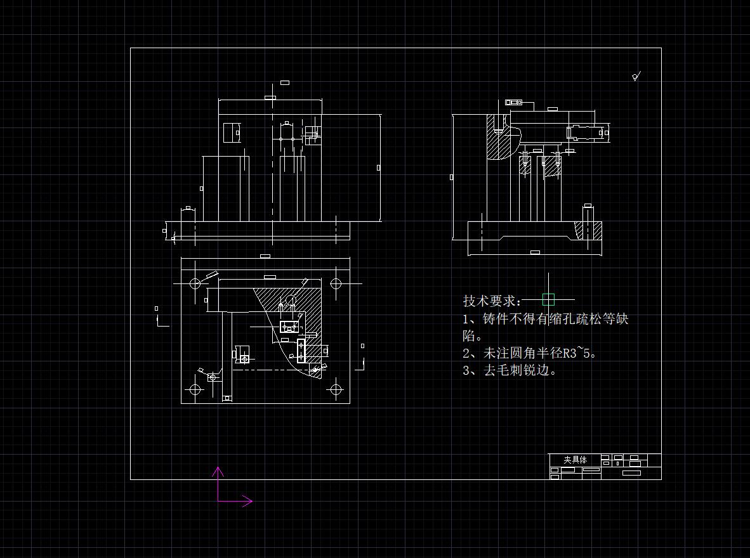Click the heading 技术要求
pyautogui.click(x=492, y=301)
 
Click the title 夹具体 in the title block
pyautogui.click(x=575, y=460)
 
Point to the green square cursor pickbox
pyautogui.click(x=549, y=299)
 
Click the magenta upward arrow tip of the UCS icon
pyautogui.click(x=218, y=469)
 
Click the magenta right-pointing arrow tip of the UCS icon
pyautogui.click(x=251, y=501)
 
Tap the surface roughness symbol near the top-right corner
pyautogui.click(x=636, y=77)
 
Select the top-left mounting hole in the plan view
pyautogui.click(x=195, y=283)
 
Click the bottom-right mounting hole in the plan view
pyautogui.click(x=336, y=389)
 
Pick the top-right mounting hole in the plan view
pyautogui.click(x=336, y=283)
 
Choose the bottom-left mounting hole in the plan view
pyautogui.click(x=195, y=389)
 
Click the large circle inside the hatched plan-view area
pyautogui.click(x=291, y=298)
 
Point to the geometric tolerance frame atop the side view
pyautogui.click(x=513, y=102)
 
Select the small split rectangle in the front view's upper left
pyautogui.click(x=232, y=133)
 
